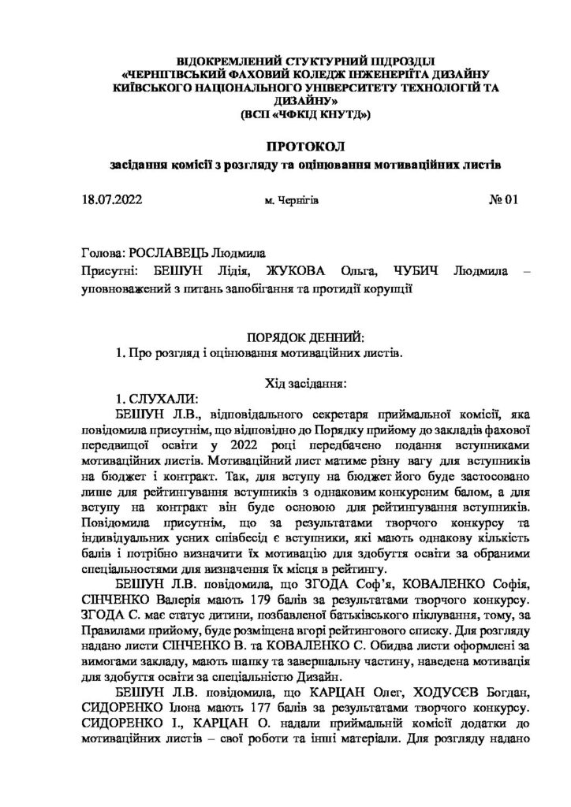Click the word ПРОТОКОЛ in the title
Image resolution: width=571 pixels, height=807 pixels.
tap(304, 149)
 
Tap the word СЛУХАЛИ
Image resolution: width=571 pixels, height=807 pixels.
tap(158, 400)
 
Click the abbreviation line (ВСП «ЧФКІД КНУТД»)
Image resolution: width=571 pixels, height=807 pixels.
tap(304, 115)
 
